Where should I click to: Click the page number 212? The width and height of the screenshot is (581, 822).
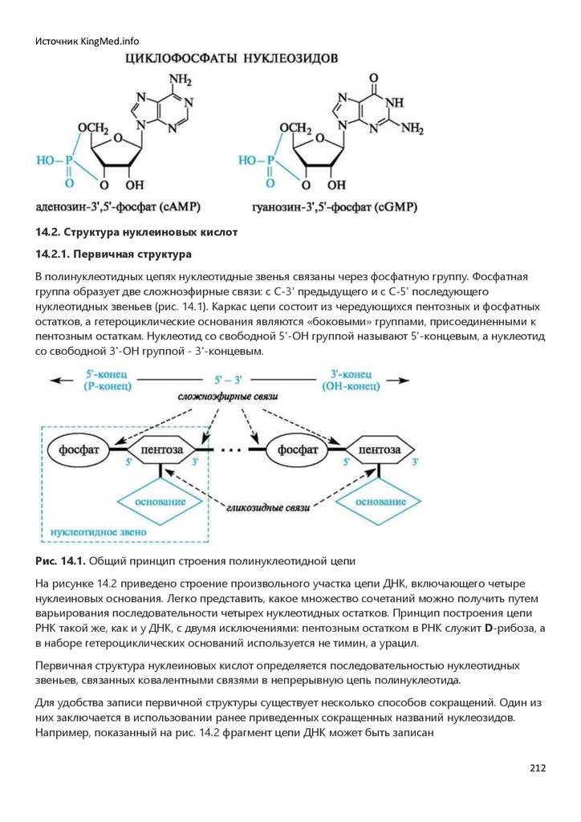pos(538,768)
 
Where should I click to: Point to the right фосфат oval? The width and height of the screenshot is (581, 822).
pos(299,450)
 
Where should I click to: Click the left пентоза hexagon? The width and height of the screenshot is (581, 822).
pos(161,450)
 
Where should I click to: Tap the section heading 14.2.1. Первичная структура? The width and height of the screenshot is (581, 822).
pos(113,254)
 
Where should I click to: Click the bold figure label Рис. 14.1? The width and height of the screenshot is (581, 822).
pos(60,560)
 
